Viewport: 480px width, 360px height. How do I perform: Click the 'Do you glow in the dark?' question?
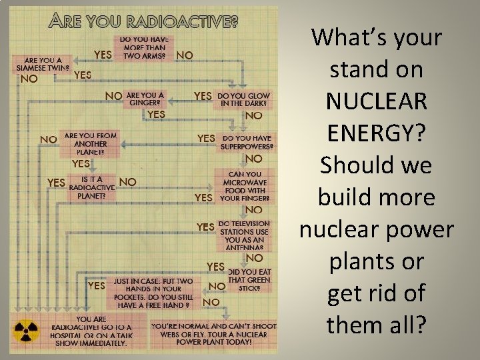click(x=244, y=100)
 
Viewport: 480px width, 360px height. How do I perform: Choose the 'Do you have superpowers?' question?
click(x=247, y=143)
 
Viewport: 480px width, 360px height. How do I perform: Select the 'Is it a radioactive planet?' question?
click(x=91, y=187)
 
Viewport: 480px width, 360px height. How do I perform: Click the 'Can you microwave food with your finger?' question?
click(x=246, y=185)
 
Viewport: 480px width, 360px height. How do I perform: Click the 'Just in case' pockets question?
click(x=153, y=294)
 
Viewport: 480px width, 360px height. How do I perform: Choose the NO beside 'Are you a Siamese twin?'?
click(x=29, y=78)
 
